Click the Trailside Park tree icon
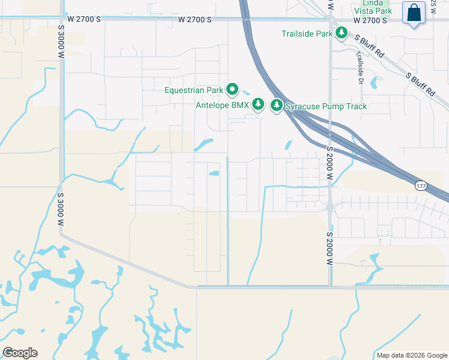coord(342,33)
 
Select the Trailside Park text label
coord(307,34)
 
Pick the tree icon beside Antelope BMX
coord(258,105)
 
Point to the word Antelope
coord(214,106)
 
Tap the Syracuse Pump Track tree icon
coord(277,106)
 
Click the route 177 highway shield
coord(421,186)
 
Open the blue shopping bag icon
coord(414,13)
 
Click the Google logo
coord(20,353)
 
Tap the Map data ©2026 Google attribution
coord(411,355)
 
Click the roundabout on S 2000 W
coord(330,208)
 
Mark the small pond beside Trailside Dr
coord(375,82)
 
